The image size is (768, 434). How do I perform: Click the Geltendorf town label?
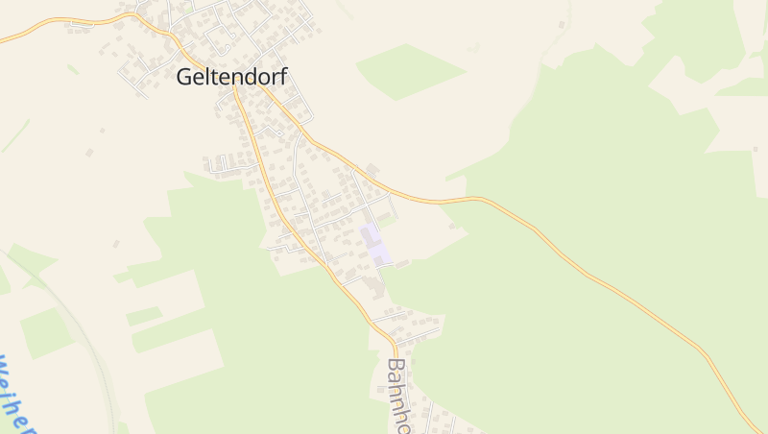pos(232,78)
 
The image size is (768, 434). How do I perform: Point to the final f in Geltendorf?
pos(283,78)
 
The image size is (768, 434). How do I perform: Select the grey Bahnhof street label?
pos(396,395)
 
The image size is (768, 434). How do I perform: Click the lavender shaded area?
pos(375,244)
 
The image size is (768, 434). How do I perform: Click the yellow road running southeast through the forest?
pos(595,278)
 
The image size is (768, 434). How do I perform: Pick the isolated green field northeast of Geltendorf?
pos(410,70)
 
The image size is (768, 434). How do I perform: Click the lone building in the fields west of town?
pos(89,152)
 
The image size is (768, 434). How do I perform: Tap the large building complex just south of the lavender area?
pos(370,283)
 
